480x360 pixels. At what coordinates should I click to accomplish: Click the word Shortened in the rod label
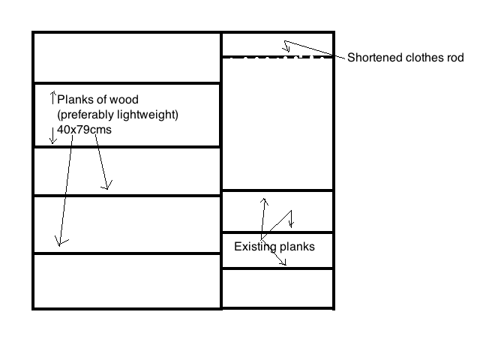tap(373, 58)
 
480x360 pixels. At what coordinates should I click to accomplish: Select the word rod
tap(454, 58)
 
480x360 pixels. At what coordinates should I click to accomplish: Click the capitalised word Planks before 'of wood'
tap(76, 100)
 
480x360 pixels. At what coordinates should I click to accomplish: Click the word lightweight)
tap(150, 115)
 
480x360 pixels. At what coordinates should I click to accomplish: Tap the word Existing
tap(254, 247)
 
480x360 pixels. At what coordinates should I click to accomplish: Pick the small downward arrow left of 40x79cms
tap(52, 136)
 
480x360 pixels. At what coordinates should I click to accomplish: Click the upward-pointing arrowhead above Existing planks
tap(263, 201)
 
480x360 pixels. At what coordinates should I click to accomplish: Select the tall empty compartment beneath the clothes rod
tap(277, 124)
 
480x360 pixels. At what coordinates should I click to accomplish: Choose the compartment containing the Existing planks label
tap(277, 250)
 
